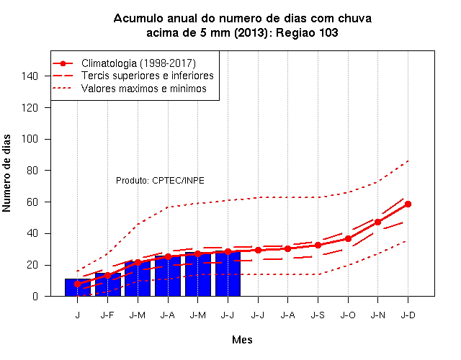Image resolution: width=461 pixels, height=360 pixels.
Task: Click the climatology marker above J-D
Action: click(x=408, y=204)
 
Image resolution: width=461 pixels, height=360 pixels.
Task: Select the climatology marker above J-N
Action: click(x=377, y=222)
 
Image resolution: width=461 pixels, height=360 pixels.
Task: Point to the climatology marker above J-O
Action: click(x=348, y=238)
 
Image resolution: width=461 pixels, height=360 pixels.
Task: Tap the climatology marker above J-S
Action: click(x=318, y=245)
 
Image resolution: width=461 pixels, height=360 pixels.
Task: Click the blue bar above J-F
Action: click(x=108, y=284)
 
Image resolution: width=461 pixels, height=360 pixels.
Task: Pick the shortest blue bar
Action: click(x=78, y=287)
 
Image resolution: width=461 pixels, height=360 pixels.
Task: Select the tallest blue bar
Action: click(x=228, y=274)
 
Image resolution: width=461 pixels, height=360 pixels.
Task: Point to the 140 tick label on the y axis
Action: click(x=30, y=76)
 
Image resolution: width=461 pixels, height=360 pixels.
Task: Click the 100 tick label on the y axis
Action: click(x=30, y=139)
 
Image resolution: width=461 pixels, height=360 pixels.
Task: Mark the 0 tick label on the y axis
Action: click(x=35, y=296)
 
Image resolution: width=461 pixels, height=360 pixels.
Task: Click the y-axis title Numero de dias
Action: click(x=6, y=173)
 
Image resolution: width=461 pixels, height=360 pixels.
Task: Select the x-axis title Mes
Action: click(x=242, y=340)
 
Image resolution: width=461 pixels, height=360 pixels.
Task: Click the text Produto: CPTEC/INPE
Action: click(x=160, y=180)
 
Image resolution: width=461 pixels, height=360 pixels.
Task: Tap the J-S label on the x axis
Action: click(x=318, y=315)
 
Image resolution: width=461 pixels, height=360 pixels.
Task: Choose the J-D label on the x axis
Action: click(x=408, y=315)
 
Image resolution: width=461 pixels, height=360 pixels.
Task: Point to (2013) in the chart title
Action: click(x=251, y=32)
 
